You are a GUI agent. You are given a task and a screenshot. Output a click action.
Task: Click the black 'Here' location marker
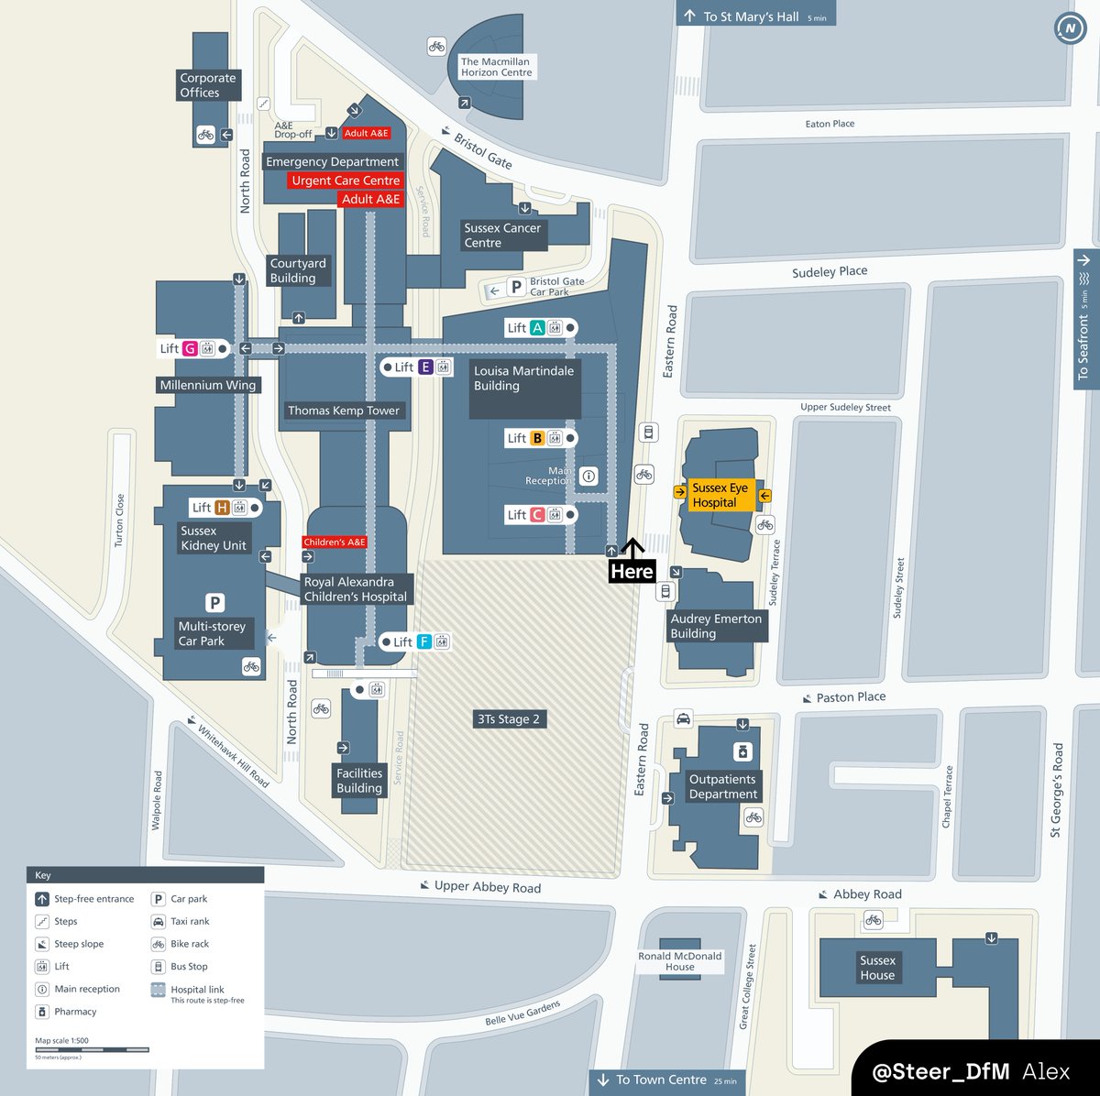(632, 570)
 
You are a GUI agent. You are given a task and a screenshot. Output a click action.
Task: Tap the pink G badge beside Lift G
(190, 348)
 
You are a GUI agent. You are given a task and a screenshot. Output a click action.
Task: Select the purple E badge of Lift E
(424, 367)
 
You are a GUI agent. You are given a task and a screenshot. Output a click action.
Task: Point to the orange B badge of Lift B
(537, 438)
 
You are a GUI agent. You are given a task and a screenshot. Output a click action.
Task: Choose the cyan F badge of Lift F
(423, 642)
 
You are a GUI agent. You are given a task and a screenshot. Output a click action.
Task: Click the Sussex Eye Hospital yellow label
(720, 496)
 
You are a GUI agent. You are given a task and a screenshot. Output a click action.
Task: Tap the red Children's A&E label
(335, 543)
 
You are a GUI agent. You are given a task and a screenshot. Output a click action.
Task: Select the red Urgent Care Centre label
(346, 181)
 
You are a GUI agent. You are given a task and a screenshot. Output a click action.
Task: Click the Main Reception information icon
(589, 476)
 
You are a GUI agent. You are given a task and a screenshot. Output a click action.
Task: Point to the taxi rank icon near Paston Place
(683, 718)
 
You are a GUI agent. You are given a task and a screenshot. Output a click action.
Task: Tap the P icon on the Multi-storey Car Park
(214, 603)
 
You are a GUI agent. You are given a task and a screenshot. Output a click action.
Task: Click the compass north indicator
(1070, 28)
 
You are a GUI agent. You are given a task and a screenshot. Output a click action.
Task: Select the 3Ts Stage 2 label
(509, 719)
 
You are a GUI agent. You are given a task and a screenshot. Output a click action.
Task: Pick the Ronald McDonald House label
(680, 961)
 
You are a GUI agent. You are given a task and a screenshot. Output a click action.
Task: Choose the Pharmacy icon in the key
(42, 1012)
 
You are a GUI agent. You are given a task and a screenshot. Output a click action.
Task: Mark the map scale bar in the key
(92, 1050)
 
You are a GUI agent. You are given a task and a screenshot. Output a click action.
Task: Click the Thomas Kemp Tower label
(344, 411)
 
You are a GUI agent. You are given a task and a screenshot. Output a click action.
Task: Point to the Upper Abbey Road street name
(487, 886)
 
